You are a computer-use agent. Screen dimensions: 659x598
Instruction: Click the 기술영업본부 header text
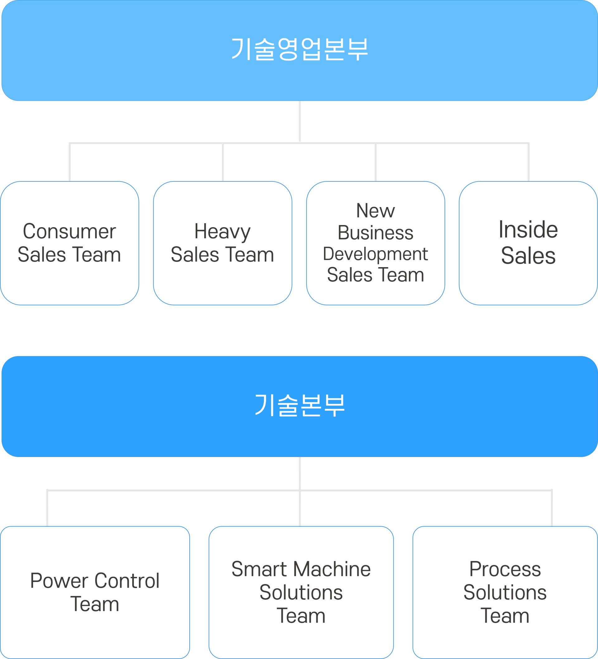(300, 49)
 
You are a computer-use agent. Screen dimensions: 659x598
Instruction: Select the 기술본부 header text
(300, 405)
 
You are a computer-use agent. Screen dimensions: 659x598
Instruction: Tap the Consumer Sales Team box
(69, 243)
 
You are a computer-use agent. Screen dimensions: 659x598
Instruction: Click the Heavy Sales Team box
(222, 243)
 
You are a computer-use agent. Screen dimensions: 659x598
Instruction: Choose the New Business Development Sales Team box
(376, 243)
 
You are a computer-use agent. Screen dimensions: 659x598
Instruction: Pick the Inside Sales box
(528, 243)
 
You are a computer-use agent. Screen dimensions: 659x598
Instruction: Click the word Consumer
(69, 231)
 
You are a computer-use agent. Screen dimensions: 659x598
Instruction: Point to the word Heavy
(222, 232)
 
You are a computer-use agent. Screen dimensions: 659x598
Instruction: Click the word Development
(375, 254)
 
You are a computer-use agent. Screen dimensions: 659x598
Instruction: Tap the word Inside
(528, 229)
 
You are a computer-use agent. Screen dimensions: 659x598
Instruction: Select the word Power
(59, 581)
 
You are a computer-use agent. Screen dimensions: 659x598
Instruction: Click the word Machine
(332, 569)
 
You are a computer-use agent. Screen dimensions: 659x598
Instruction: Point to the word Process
(505, 569)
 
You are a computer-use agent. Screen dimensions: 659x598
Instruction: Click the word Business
(375, 233)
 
